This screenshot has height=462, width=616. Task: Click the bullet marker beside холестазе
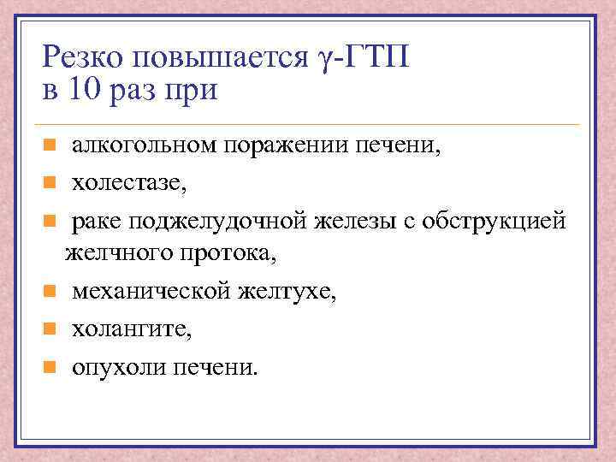click(50, 182)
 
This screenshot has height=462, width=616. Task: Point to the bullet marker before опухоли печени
click(50, 367)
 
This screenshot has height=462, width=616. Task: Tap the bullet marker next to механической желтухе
click(50, 292)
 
